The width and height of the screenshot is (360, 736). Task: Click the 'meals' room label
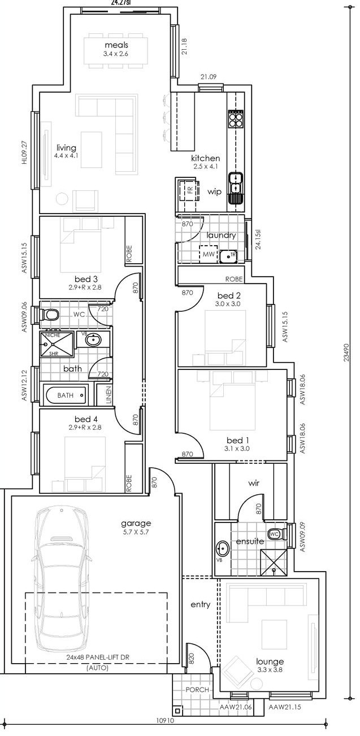[x=116, y=45]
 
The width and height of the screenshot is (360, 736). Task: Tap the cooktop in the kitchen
[x=236, y=119]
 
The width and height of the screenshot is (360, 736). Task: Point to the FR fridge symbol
[x=190, y=190]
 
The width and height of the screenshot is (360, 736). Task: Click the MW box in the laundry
[x=208, y=254]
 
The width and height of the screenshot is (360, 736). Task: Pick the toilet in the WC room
[x=50, y=315]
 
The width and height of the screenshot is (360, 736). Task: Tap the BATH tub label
[x=66, y=395]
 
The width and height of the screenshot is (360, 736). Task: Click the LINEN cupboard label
[x=109, y=395]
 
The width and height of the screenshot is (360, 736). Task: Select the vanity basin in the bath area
[x=93, y=339]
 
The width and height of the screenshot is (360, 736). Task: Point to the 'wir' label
[x=254, y=483]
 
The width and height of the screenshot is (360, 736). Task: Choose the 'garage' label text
[x=136, y=524]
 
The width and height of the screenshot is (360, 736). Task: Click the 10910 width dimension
[x=166, y=728]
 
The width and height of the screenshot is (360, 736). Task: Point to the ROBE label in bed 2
[x=234, y=279]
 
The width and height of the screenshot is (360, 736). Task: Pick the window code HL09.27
[x=25, y=152]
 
